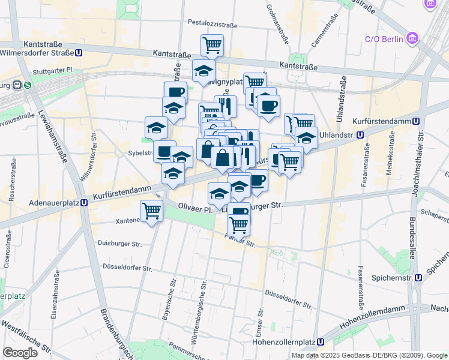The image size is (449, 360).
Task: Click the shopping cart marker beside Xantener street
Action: pos(151,211)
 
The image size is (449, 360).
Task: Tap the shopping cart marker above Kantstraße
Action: pos(212,44)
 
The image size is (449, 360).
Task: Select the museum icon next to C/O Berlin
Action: pos(412,40)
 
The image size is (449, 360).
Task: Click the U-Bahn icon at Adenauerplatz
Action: pos(85,203)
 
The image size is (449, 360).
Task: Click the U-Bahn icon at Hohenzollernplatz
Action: pos(321,342)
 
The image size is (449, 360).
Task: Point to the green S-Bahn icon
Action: pos(28,86)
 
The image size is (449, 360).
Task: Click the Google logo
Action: pos(20,352)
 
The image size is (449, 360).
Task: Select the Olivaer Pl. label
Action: pos(196,209)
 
